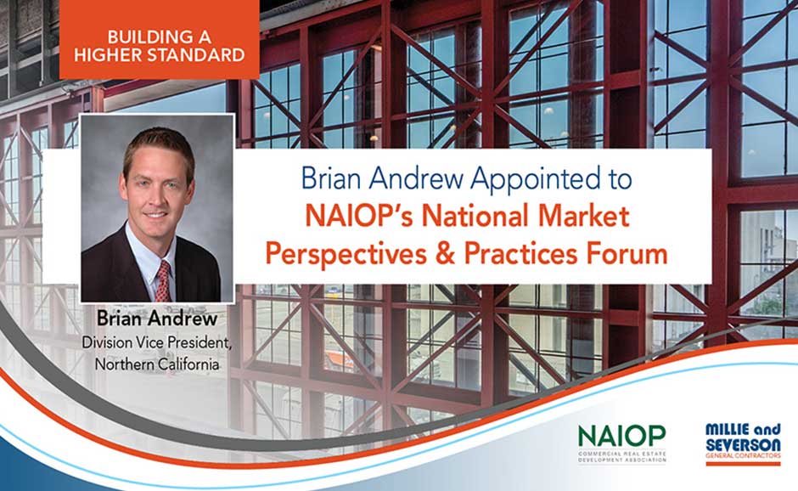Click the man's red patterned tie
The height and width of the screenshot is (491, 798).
[x=162, y=281]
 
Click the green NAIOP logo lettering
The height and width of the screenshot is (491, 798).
[x=622, y=435]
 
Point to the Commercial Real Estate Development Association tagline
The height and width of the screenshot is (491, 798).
[x=622, y=455]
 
